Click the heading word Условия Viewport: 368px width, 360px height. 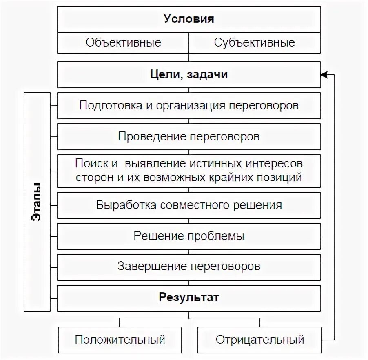188,19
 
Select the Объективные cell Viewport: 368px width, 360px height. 123,43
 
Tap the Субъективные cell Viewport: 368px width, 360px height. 254,43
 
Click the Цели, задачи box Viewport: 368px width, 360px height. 188,75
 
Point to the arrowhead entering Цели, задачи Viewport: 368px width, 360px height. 324,75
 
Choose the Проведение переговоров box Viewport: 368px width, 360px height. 188,136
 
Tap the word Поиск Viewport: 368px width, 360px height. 91,164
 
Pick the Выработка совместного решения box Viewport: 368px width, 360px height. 188,205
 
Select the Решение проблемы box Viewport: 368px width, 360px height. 188,236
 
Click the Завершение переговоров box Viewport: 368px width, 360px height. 188,267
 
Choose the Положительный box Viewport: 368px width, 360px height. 120,340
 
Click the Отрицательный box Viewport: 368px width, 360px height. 260,340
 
